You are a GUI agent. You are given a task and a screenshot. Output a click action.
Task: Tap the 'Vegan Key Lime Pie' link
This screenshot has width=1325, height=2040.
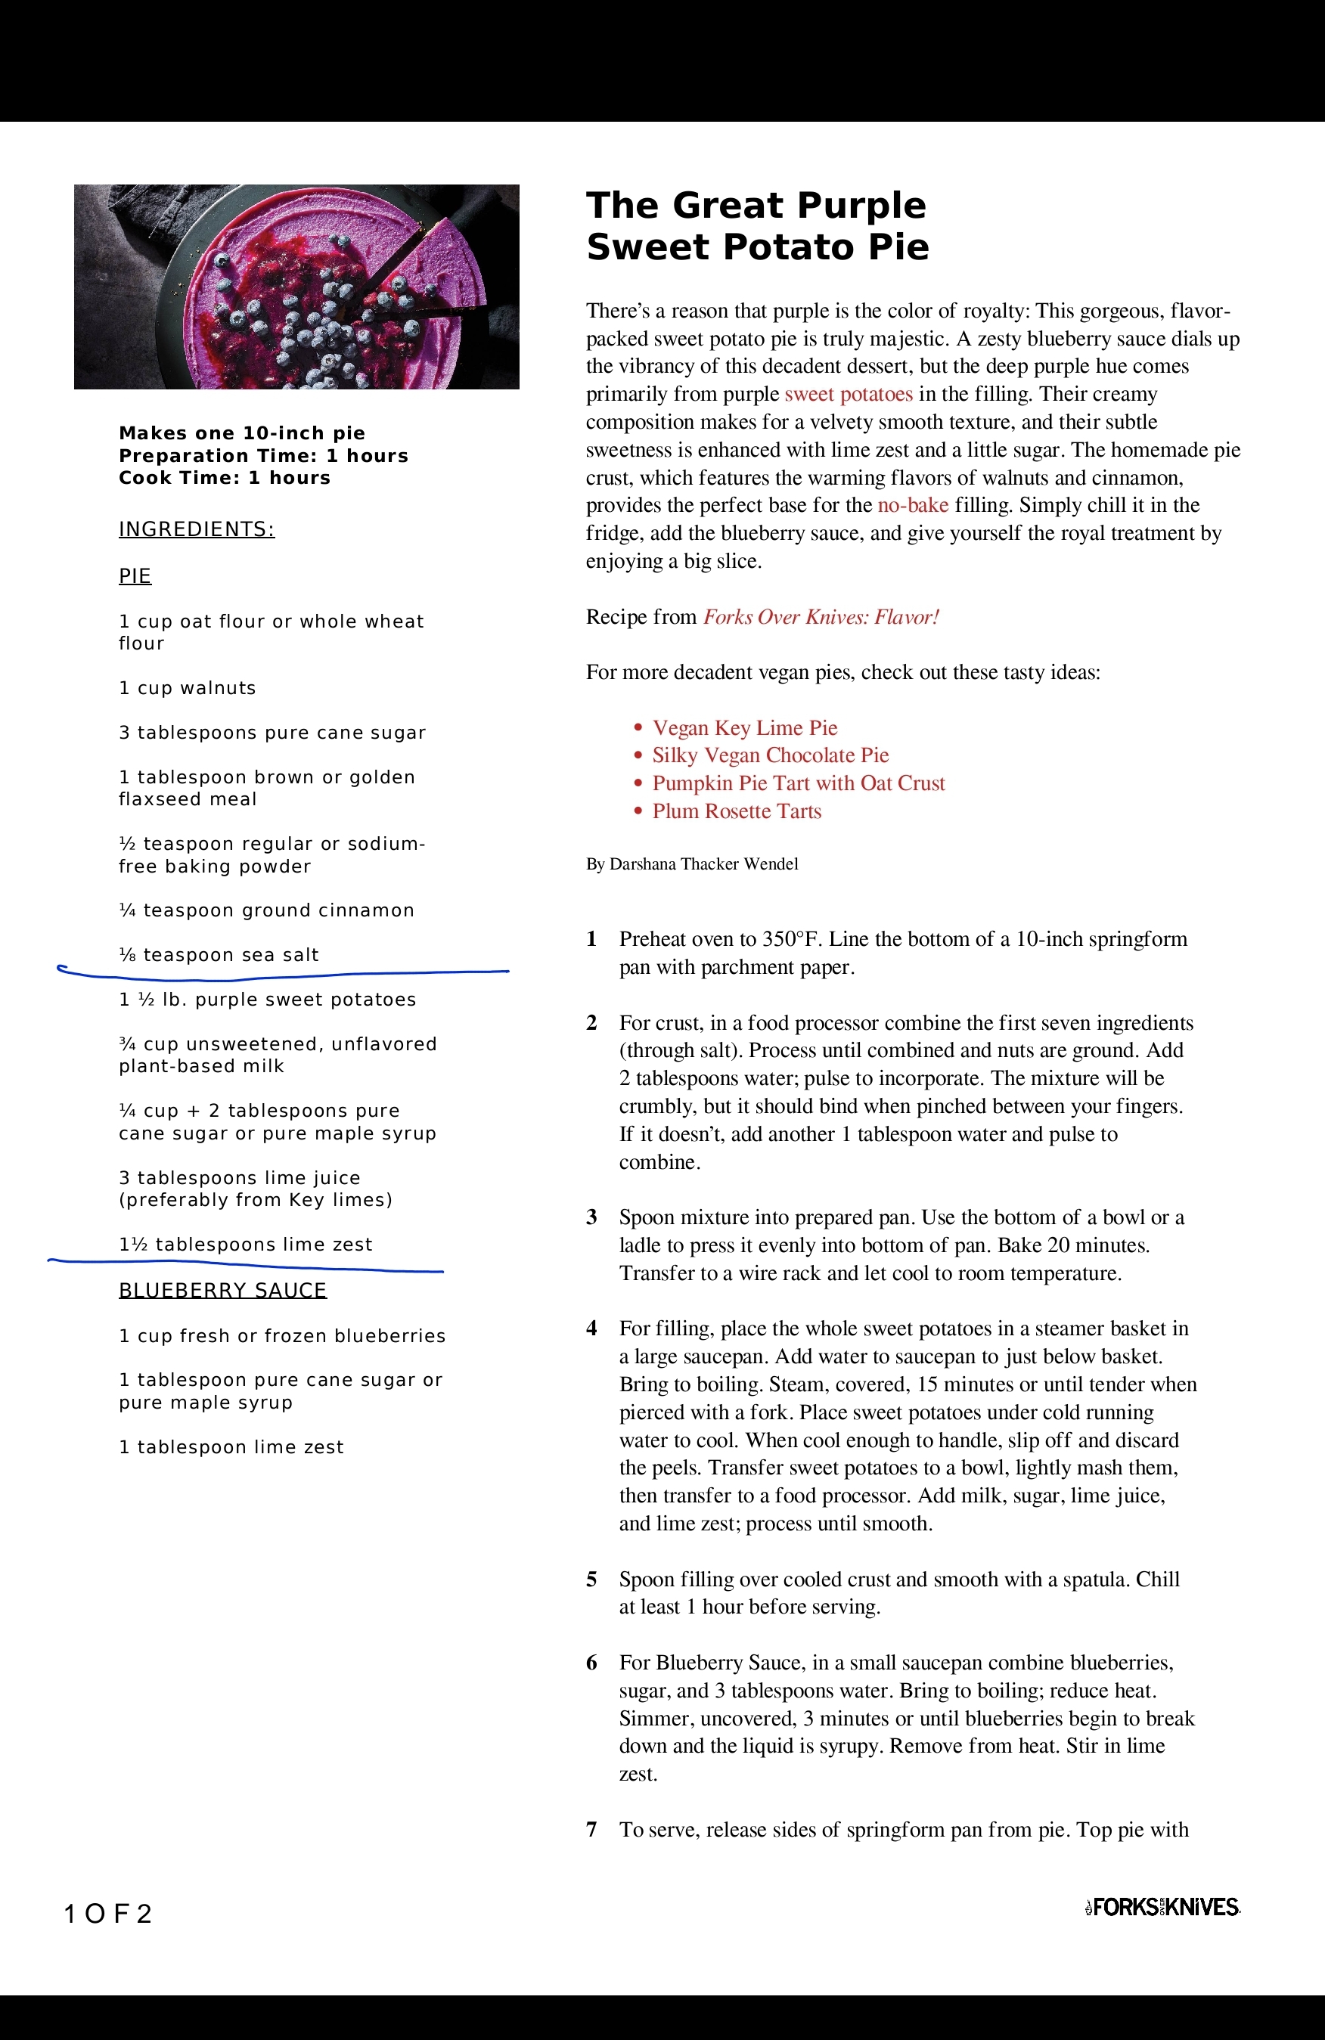tap(744, 727)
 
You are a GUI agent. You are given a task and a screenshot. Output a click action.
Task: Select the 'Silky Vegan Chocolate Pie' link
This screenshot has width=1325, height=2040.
tap(770, 755)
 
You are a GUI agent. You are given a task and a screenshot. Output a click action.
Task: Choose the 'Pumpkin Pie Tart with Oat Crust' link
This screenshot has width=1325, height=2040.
tap(798, 783)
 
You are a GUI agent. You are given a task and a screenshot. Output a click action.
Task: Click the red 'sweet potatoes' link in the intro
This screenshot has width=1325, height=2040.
tap(848, 394)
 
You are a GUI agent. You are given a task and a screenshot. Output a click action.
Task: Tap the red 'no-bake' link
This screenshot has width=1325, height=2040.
tap(912, 506)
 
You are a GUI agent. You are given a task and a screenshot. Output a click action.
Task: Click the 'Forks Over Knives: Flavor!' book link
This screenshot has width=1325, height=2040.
tap(821, 617)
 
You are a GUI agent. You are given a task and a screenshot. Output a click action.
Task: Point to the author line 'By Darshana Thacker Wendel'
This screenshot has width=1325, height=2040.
tap(692, 864)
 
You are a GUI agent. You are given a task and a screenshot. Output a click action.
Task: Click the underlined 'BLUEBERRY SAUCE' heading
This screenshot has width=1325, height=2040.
tap(222, 1291)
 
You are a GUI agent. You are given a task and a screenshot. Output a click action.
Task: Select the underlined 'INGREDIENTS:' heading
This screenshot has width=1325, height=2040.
tap(197, 529)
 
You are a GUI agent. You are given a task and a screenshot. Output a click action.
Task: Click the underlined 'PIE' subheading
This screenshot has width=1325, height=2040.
tap(135, 576)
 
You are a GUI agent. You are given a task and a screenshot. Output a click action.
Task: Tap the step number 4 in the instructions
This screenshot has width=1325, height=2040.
tap(591, 1328)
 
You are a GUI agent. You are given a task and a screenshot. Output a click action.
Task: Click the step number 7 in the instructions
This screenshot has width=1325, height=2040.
tap(591, 1830)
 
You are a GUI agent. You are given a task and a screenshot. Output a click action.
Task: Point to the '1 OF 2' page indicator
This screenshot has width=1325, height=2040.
tap(108, 1914)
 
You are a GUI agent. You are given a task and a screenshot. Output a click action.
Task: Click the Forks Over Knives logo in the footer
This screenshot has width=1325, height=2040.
tap(1162, 1906)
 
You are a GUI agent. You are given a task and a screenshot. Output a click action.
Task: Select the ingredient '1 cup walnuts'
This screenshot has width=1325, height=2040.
tap(187, 688)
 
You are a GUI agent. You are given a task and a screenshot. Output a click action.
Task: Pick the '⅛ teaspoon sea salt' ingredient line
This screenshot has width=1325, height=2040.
tap(219, 955)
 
